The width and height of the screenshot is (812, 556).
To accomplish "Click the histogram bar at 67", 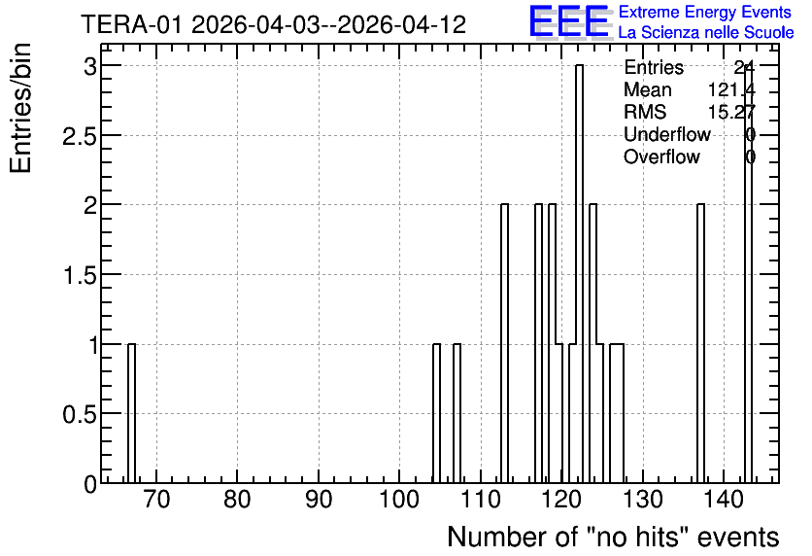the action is click(131, 413).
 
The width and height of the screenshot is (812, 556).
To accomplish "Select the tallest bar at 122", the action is click(580, 273).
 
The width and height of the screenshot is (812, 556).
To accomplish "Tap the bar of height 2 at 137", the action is click(700, 343).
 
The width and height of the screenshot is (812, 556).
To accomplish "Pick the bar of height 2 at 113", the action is click(504, 343).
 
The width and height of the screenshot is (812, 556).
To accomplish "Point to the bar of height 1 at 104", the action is click(436, 413).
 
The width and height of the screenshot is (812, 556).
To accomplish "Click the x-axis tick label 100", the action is click(399, 500).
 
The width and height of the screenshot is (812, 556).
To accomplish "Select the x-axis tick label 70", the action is click(156, 500).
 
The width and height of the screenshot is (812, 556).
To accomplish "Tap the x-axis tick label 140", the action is click(723, 500).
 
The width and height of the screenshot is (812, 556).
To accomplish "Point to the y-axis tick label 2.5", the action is click(80, 136).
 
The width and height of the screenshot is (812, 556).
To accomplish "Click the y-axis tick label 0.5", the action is click(80, 414).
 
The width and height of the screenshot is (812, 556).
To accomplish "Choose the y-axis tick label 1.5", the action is click(80, 275).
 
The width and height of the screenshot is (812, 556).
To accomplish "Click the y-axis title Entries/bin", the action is click(20, 108).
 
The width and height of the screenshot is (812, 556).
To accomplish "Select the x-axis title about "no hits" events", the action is click(613, 537).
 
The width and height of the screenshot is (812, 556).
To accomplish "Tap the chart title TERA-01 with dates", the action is click(274, 24).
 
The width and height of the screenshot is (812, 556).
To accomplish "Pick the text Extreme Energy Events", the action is click(705, 12).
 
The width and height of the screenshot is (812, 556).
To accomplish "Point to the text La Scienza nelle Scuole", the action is click(706, 32).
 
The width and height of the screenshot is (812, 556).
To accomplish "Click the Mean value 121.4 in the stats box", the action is click(731, 89).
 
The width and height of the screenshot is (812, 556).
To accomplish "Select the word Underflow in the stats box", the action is click(667, 134).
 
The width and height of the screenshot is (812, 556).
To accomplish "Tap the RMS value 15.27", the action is click(731, 112).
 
